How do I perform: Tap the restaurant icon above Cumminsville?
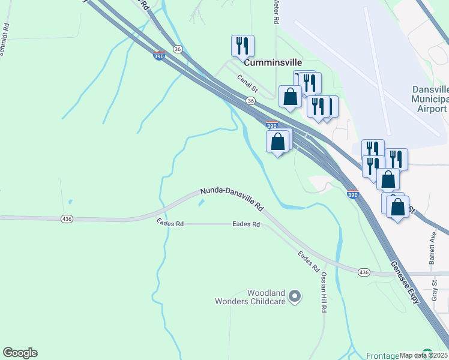pyautogui.click(x=243, y=46)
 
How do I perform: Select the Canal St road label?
pyautogui.click(x=247, y=83)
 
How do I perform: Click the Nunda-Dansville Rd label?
pyautogui.click(x=232, y=199)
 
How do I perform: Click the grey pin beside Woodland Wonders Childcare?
pyautogui.click(x=295, y=296)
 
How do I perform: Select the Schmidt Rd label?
pyautogui.click(x=4, y=40)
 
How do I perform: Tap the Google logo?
pyautogui.click(x=20, y=353)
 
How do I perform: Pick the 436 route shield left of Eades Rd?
pyautogui.click(x=67, y=219)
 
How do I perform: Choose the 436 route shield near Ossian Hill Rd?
pyautogui.click(x=364, y=272)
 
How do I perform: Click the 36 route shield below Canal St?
pyautogui.click(x=250, y=101)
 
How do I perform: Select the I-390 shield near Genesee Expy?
pyautogui.click(x=354, y=194)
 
